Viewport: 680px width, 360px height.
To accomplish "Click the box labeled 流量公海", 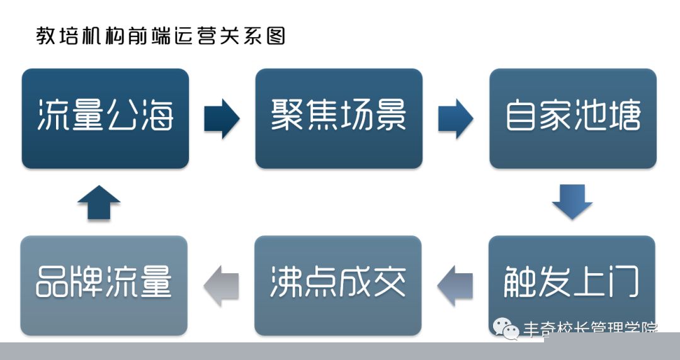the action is coord(105,118).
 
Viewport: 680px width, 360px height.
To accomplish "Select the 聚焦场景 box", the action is coord(339,118).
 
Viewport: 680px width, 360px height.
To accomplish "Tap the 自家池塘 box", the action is coord(573,118).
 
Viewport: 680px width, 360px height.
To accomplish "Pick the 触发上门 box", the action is coord(572,285).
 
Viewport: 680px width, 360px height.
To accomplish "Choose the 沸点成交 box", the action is coord(338,285).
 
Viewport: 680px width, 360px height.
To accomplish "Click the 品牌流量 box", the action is coord(104,285).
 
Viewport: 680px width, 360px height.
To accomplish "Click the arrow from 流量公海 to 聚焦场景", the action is coord(222,118).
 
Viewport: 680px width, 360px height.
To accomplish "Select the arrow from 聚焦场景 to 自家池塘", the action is coord(455,118).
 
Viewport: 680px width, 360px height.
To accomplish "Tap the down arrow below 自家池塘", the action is coord(572,201).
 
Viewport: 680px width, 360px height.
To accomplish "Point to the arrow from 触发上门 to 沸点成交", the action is coord(455,286).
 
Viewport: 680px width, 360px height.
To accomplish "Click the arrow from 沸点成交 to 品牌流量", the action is coord(221,286).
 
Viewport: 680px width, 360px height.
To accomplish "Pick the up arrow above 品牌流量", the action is coord(99,203).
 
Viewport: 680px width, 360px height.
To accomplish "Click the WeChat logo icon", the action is coord(506,329).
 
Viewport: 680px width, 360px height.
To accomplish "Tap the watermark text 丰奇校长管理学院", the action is coord(591,330).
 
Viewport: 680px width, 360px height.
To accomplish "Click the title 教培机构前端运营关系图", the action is coord(161,36).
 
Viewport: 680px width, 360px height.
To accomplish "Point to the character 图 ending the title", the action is coord(275,36).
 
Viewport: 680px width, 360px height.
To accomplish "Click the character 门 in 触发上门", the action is coord(623,282).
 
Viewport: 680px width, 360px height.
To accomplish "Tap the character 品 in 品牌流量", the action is coord(52,282).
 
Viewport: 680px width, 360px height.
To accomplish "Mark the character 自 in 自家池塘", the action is coord(521,115).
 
